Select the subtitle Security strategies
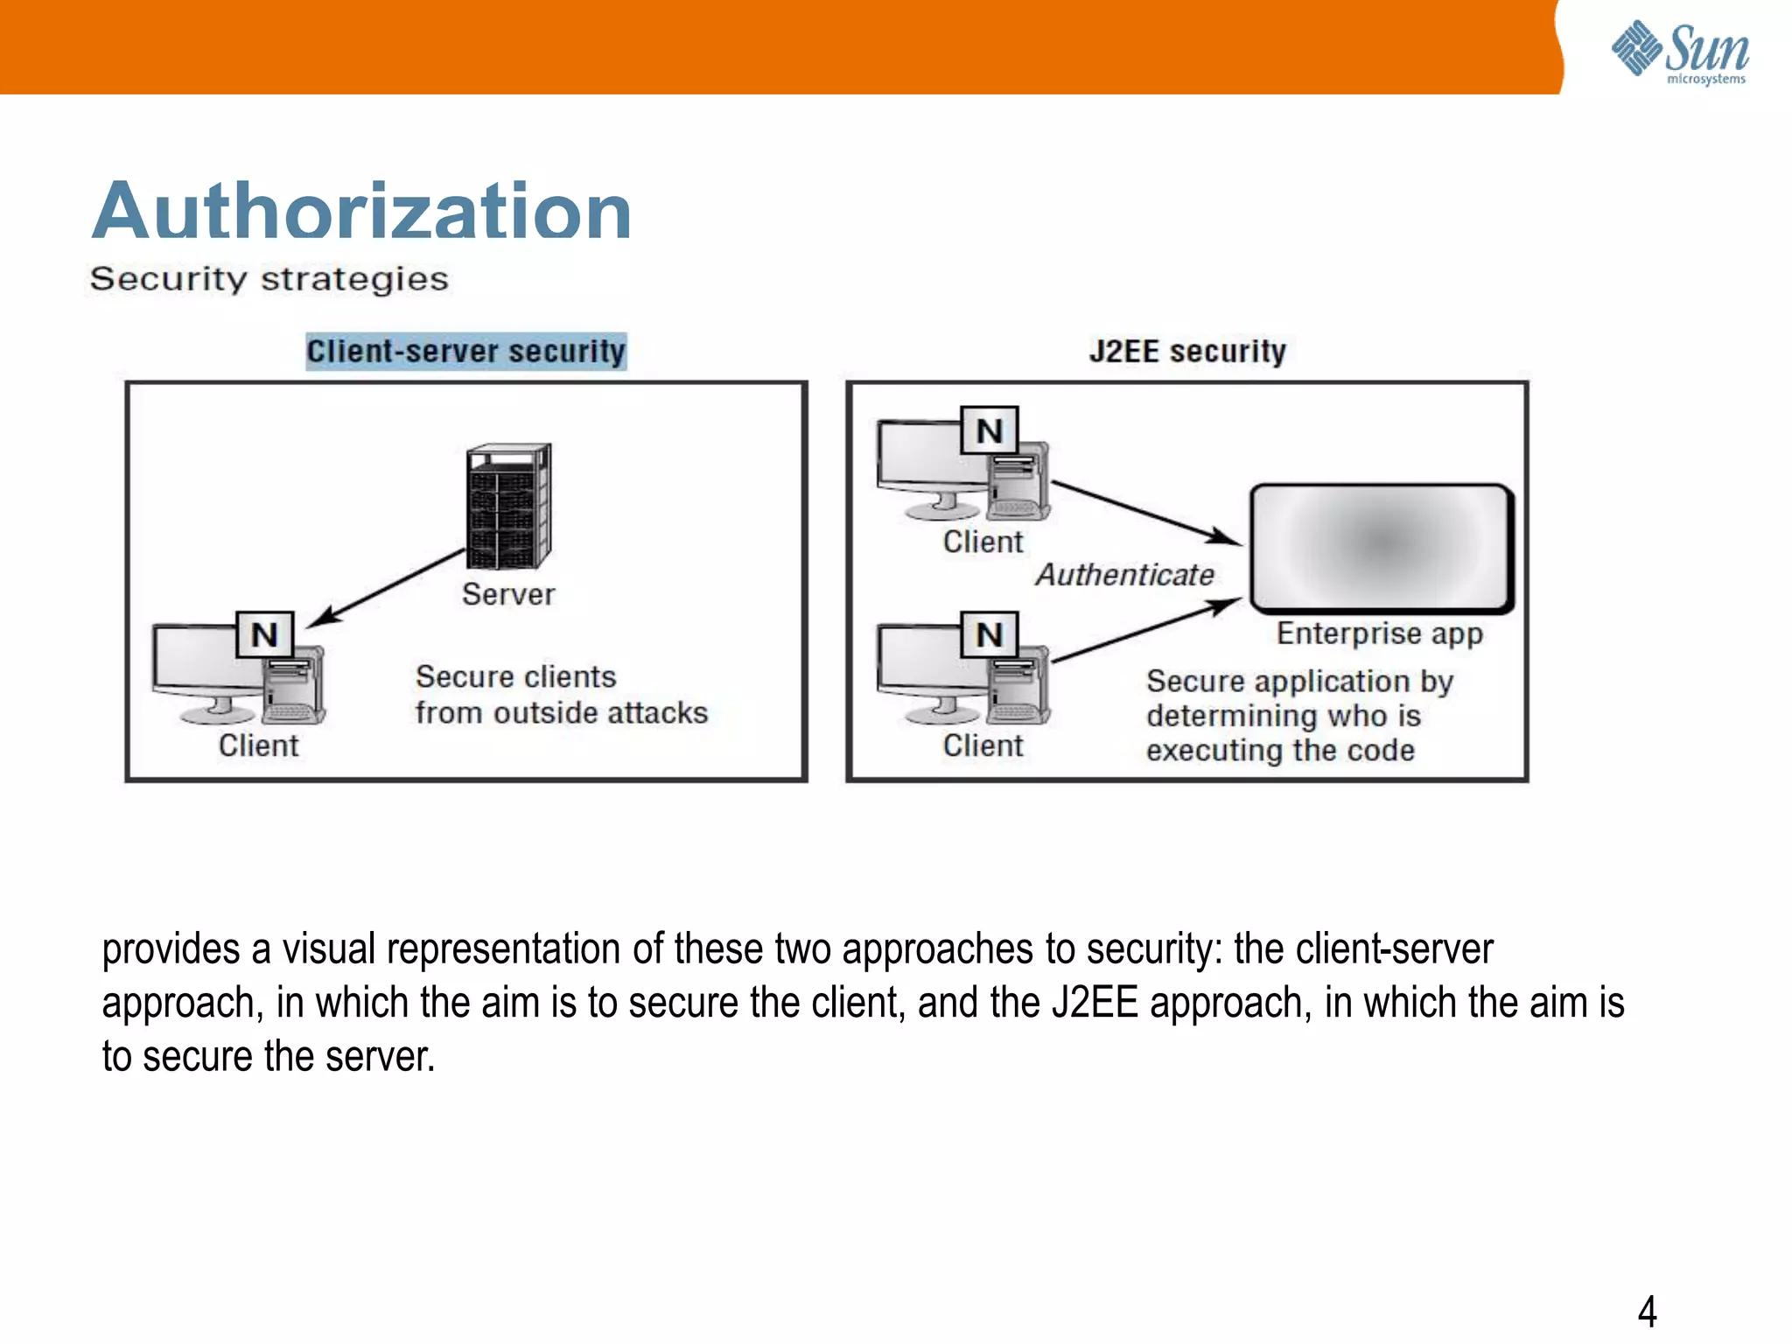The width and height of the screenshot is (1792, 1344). tap(269, 279)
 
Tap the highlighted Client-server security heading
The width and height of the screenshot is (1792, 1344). tap(465, 352)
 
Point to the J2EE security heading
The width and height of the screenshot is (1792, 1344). tap(1187, 352)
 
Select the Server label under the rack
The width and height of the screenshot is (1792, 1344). tap(508, 595)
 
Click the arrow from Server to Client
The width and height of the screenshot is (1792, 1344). tap(389, 587)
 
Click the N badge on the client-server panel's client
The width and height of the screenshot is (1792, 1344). tap(265, 634)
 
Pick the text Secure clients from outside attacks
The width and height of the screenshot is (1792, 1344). tap(561, 695)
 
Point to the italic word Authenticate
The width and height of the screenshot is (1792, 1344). tap(1125, 575)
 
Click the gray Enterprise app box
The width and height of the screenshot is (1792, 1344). tap(1381, 547)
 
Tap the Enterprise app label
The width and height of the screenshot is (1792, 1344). tap(1380, 633)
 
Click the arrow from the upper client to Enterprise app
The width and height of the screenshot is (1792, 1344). tap(1146, 513)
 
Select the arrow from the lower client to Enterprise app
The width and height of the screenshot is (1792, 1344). tap(1146, 630)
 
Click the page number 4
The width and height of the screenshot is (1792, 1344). tap(1647, 1312)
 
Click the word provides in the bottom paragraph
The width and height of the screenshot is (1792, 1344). tap(171, 950)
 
